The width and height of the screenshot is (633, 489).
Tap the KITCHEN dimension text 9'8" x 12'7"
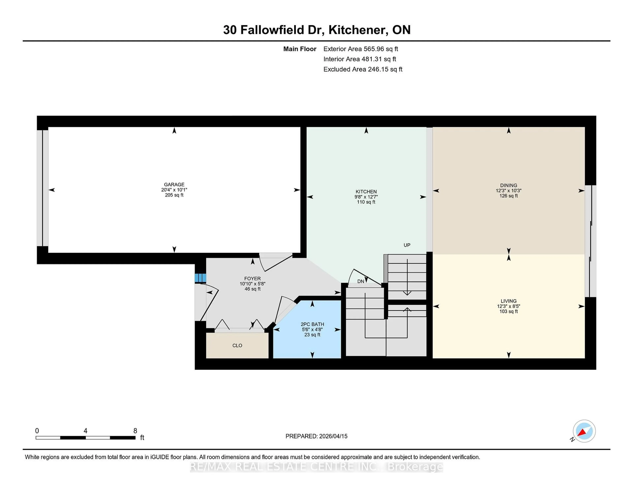[x=366, y=197]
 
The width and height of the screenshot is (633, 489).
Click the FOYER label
[x=252, y=278]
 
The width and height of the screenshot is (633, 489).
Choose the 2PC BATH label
[x=312, y=324]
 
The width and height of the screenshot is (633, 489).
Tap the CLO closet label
[x=237, y=345]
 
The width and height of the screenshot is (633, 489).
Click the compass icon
[x=584, y=431]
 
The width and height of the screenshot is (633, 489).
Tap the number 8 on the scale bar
[x=135, y=431]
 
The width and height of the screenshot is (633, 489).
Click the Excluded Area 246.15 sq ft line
[x=363, y=69]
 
